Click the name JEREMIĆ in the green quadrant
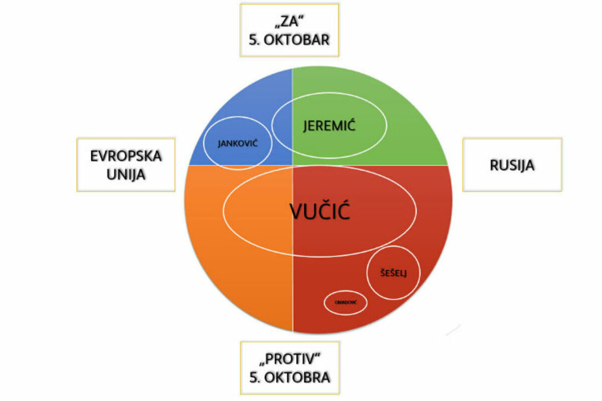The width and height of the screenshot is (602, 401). coord(329,125)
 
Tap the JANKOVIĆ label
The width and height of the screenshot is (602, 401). coord(237,144)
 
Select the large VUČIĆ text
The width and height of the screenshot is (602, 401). coord(319,213)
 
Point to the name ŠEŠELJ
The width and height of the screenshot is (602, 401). coord(393,273)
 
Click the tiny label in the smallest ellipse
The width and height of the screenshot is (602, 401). coord(345,303)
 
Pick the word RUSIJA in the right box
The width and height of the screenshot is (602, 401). coord(512,165)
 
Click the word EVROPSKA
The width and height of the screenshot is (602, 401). coord(126,156)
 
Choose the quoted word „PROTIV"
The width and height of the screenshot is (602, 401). coord(289,359)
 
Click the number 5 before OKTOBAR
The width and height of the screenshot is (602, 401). coord(252,40)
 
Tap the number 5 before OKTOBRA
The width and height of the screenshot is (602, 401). coord(252,377)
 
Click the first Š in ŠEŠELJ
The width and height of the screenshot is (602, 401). coord(384,273)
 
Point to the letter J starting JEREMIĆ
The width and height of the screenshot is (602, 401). coord(306,126)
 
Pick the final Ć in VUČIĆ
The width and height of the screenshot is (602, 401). coord(343,213)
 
